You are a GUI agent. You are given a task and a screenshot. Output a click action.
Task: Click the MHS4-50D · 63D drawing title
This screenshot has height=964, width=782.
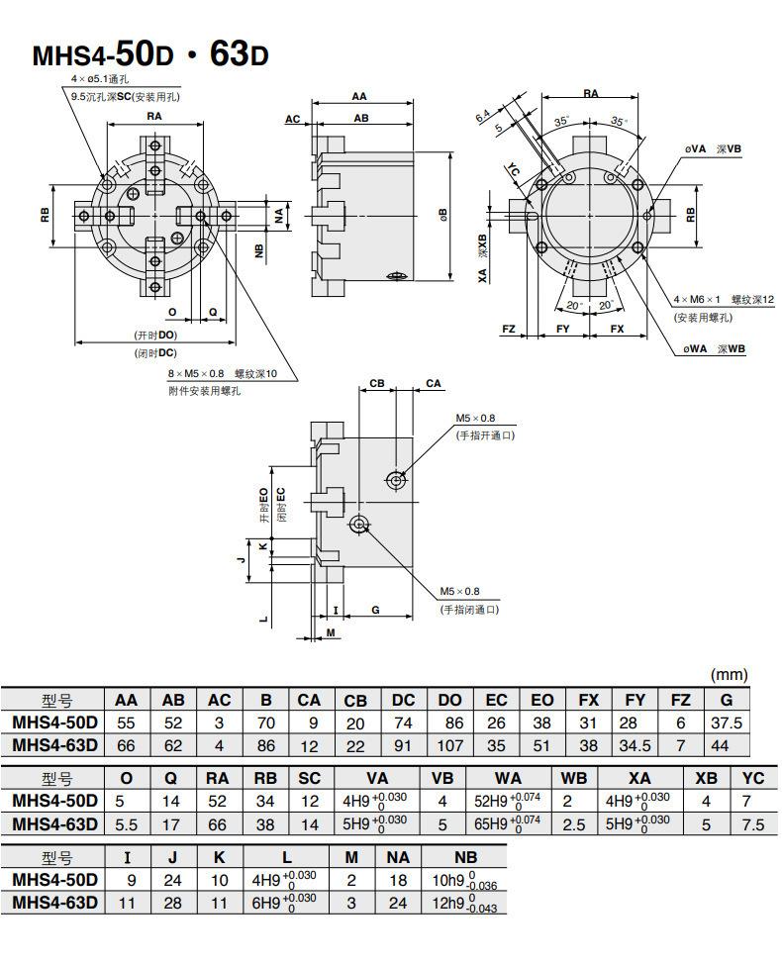click(x=150, y=54)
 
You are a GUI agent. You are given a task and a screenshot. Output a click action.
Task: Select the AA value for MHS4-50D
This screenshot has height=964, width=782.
click(x=126, y=723)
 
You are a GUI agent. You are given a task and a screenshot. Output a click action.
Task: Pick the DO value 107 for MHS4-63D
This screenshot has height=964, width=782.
click(x=450, y=745)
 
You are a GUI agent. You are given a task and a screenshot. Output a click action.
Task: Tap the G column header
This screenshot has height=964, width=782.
click(x=726, y=700)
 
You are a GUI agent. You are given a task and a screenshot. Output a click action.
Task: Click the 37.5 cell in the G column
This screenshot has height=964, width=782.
click(x=726, y=723)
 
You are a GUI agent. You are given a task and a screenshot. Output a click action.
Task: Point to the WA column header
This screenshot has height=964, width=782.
click(x=508, y=778)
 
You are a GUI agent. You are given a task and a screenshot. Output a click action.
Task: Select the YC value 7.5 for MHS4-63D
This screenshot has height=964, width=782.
click(x=752, y=824)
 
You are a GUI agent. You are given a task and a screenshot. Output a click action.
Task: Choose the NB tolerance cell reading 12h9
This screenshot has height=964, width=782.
click(x=465, y=904)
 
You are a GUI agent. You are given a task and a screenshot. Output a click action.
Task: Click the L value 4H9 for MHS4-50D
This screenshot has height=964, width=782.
click(x=284, y=881)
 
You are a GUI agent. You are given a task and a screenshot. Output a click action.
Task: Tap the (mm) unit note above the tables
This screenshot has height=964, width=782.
click(x=730, y=675)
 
